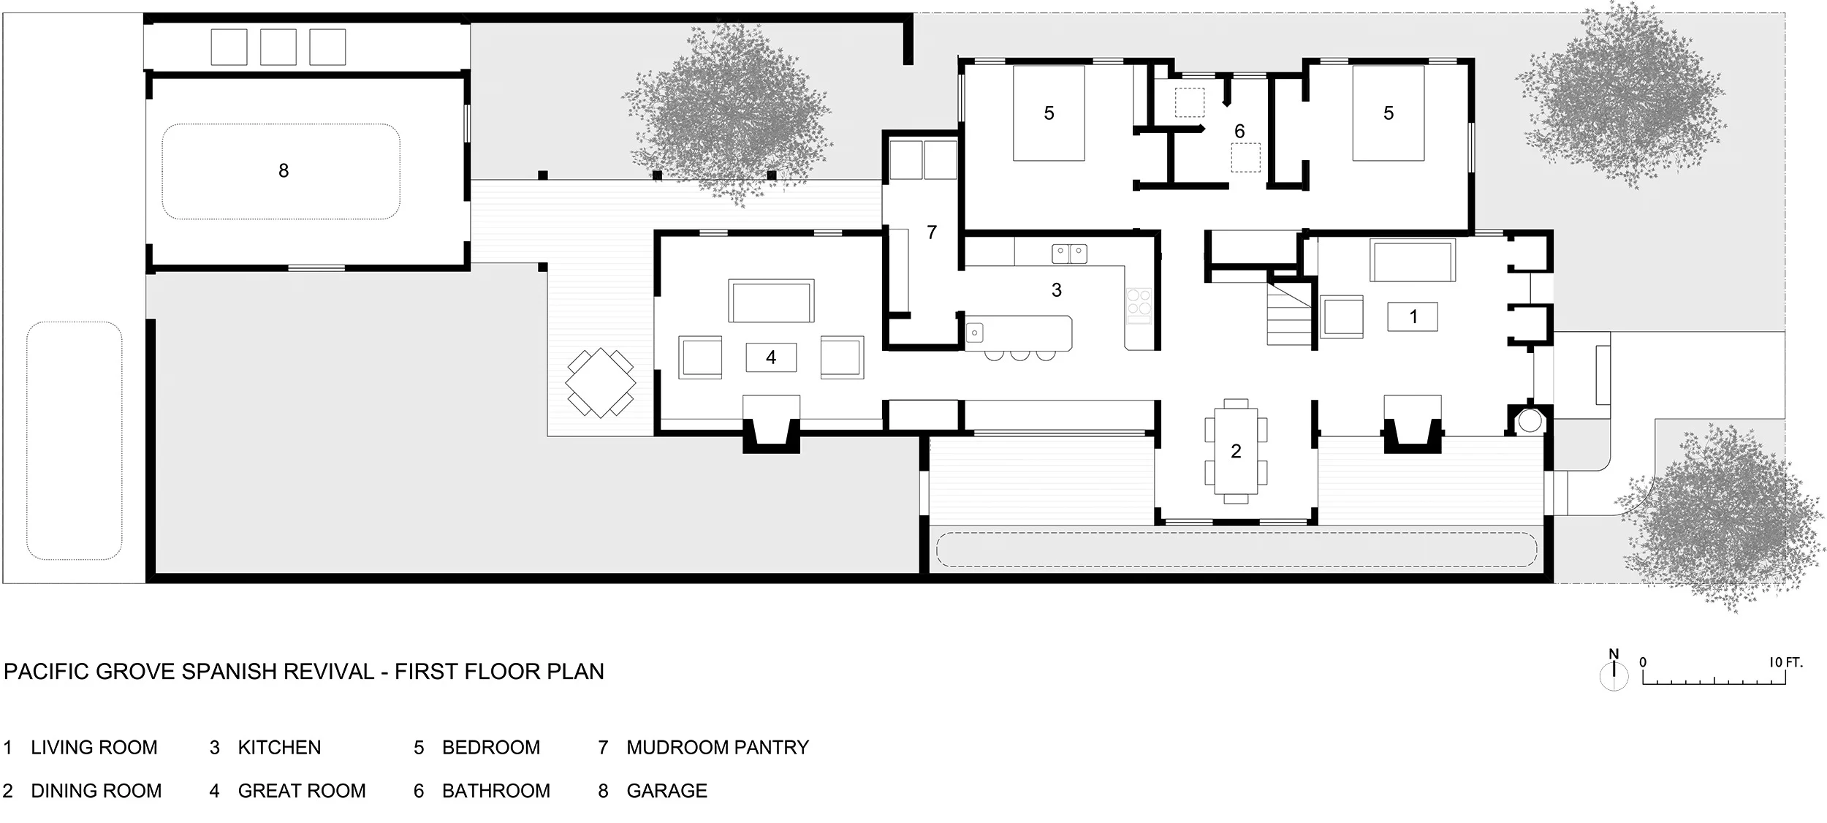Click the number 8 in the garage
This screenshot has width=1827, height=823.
click(x=284, y=171)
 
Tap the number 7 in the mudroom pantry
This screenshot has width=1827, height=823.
click(x=931, y=232)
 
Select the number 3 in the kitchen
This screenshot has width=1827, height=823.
click(x=1056, y=290)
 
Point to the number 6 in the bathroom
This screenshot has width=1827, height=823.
click(x=1239, y=132)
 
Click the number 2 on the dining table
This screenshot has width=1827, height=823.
click(x=1236, y=451)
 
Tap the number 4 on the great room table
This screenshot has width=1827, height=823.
click(x=771, y=357)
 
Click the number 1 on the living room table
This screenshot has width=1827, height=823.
click(x=1413, y=316)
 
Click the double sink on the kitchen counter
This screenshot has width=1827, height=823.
click(x=1069, y=254)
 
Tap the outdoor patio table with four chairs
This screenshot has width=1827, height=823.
click(x=601, y=382)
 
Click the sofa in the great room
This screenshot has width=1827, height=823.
click(x=771, y=300)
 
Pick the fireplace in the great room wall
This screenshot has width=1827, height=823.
click(x=771, y=432)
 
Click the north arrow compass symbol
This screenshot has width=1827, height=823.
click(x=1614, y=673)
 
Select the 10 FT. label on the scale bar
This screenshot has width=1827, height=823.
click(x=1785, y=663)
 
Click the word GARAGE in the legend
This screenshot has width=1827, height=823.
click(x=666, y=791)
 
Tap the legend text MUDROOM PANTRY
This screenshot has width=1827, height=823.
click(x=718, y=748)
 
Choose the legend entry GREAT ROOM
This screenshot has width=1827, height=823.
click(x=302, y=791)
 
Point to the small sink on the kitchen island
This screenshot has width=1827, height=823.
click(x=975, y=333)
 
